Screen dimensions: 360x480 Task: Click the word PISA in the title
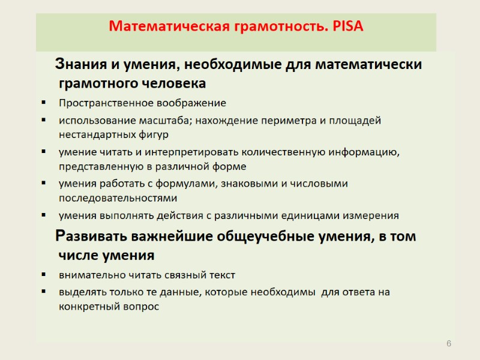pyautogui.click(x=346, y=27)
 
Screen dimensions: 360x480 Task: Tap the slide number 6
pyautogui.click(x=448, y=343)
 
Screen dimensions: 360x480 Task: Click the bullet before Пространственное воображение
pyautogui.click(x=44, y=103)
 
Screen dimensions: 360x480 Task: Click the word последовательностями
pyautogui.click(x=118, y=197)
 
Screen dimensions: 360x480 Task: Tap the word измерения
pyautogui.click(x=370, y=215)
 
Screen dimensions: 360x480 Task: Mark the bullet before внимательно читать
pyautogui.click(x=44, y=275)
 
